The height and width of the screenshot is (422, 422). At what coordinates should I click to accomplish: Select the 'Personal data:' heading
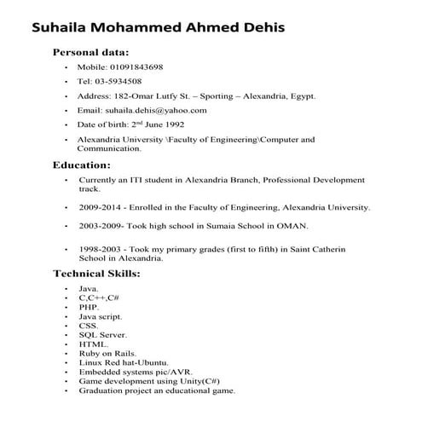tap(91, 52)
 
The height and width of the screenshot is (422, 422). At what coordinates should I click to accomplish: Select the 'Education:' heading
tap(82, 164)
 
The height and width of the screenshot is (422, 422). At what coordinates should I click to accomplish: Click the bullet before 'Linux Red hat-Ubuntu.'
tap(66, 363)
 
